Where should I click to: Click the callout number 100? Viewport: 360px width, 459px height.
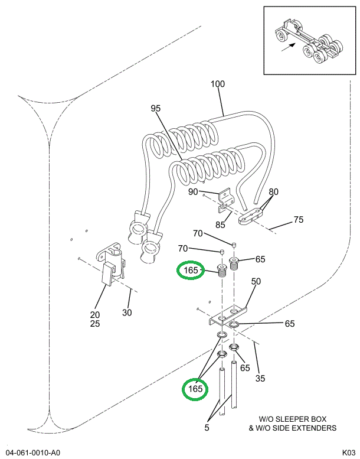(x=217, y=84)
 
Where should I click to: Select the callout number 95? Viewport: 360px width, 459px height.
(x=156, y=108)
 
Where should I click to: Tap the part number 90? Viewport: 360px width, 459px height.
(x=193, y=191)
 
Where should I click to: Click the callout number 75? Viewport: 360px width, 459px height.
(x=299, y=220)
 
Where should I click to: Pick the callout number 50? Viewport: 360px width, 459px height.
(x=256, y=281)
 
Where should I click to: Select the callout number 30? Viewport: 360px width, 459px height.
(x=127, y=312)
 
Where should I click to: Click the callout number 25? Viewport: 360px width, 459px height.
(x=95, y=324)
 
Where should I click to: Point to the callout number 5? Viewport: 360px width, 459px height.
(x=207, y=427)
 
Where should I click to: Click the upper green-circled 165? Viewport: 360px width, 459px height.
(x=191, y=271)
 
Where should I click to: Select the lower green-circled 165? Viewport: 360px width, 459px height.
(x=195, y=389)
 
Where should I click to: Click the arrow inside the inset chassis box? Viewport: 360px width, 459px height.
(x=289, y=50)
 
